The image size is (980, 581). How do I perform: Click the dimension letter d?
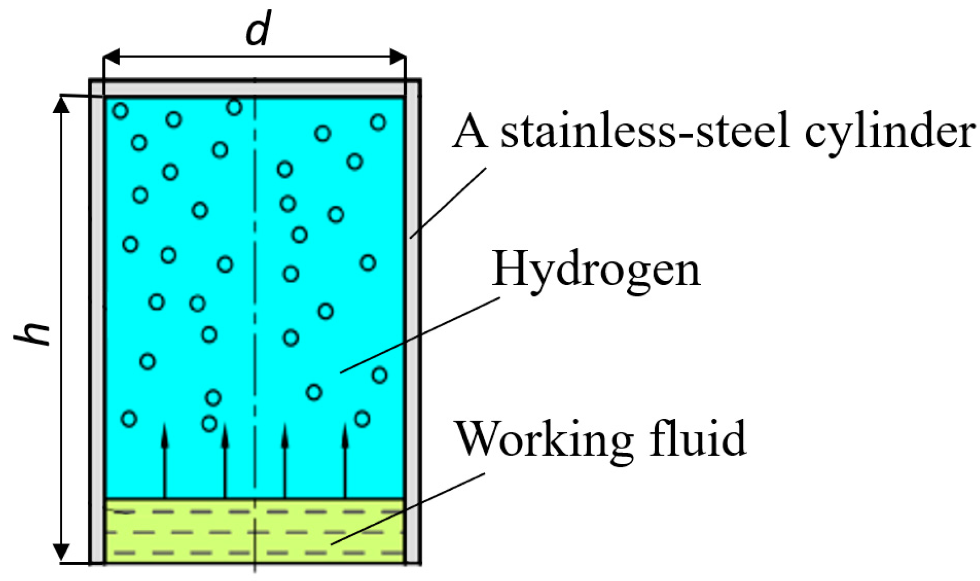click(x=257, y=28)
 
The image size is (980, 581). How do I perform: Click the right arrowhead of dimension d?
click(x=397, y=57)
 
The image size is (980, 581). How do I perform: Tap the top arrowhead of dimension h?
click(x=61, y=104)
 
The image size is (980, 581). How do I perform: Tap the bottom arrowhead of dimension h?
click(x=61, y=552)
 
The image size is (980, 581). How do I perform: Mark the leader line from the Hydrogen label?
click(x=419, y=335)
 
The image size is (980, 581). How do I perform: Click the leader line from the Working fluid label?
click(x=408, y=509)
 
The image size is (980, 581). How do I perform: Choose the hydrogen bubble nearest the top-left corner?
click(x=120, y=110)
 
